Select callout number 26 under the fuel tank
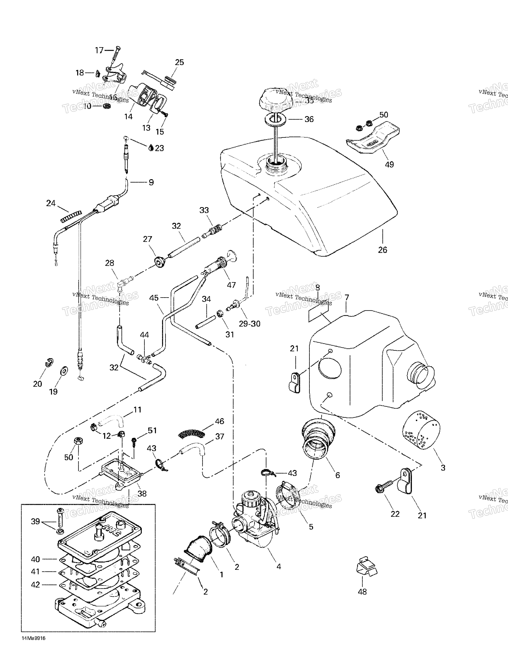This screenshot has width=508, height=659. point(382,250)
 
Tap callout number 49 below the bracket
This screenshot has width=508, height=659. point(389,164)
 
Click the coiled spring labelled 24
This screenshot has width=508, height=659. point(71,216)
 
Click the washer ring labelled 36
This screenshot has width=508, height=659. point(276,119)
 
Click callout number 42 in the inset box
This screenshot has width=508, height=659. point(35,584)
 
